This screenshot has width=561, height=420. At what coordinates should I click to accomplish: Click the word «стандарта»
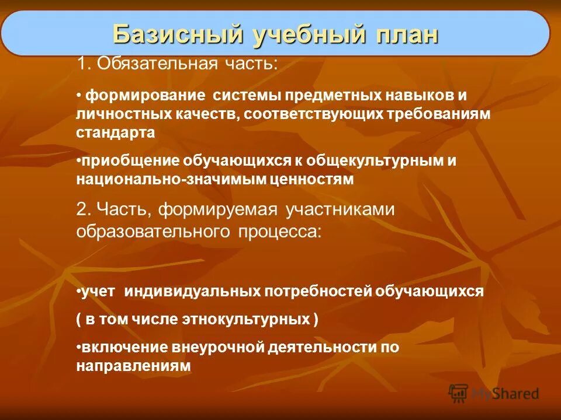[x=115, y=132]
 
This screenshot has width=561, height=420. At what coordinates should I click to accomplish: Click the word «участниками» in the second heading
[x=341, y=209]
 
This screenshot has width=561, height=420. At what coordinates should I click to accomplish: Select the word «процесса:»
[x=279, y=231]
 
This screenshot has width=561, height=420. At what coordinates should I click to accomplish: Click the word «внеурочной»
[x=218, y=348]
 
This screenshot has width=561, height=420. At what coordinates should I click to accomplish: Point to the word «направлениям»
[x=133, y=366]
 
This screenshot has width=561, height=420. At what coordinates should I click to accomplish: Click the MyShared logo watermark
[x=494, y=393]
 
